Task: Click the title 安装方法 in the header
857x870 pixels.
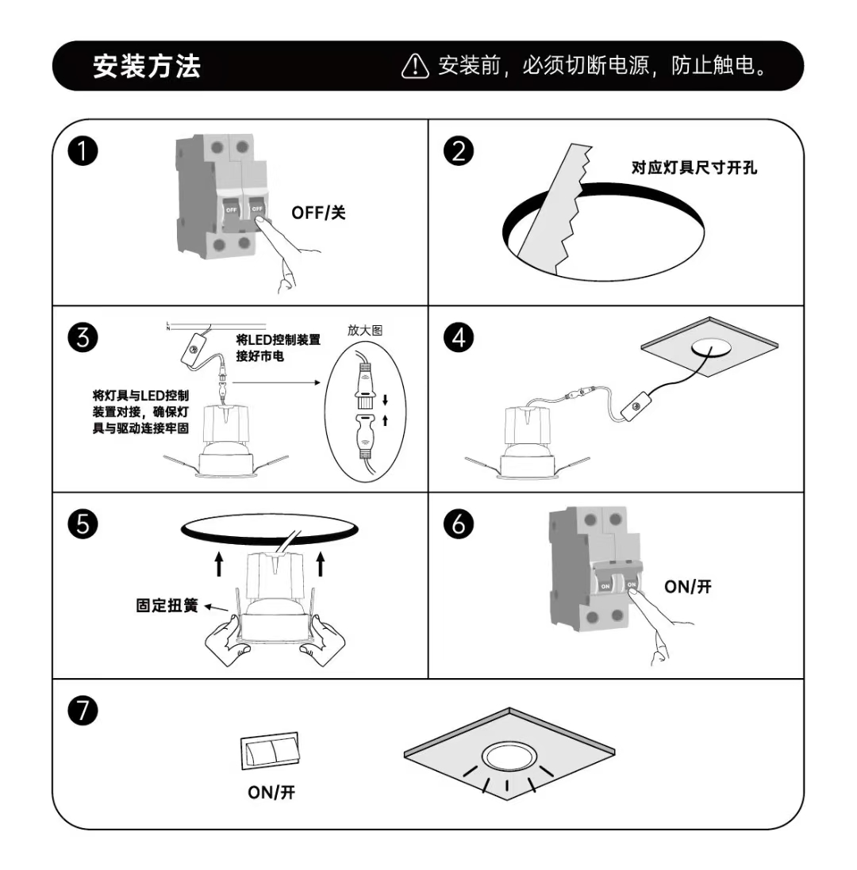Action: pos(147,66)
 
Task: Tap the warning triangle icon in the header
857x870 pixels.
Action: pos(415,67)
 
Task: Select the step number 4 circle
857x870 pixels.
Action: pos(459,337)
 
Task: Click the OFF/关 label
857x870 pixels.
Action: pos(318,213)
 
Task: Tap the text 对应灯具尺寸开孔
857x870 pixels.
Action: pos(694,168)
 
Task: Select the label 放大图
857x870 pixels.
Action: pos(364,330)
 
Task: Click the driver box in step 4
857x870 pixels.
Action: pos(634,408)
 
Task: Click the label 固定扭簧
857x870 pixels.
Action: pos(167,607)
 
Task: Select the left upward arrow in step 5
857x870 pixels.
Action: pos(220,564)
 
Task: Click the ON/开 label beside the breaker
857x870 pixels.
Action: pos(688,587)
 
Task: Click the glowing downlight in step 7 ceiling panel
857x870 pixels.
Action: pos(509,757)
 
